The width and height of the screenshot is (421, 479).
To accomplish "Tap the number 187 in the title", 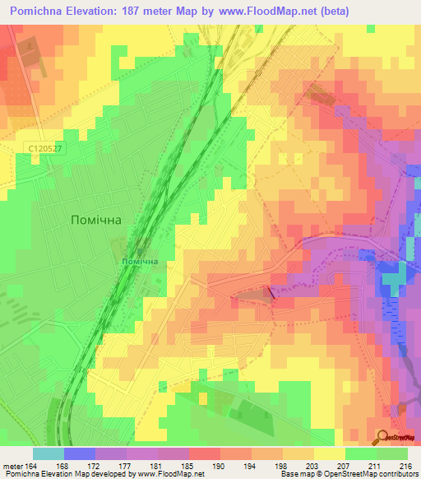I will click(x=146, y=11).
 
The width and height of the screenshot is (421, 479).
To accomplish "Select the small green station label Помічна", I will click(x=139, y=262).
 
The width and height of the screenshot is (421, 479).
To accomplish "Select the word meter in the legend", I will click(x=12, y=465).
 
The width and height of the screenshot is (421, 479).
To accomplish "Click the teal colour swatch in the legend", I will click(x=48, y=453).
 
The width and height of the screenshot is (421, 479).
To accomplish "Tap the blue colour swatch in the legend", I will click(x=79, y=453).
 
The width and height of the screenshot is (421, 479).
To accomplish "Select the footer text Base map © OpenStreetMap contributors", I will click(x=347, y=474).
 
